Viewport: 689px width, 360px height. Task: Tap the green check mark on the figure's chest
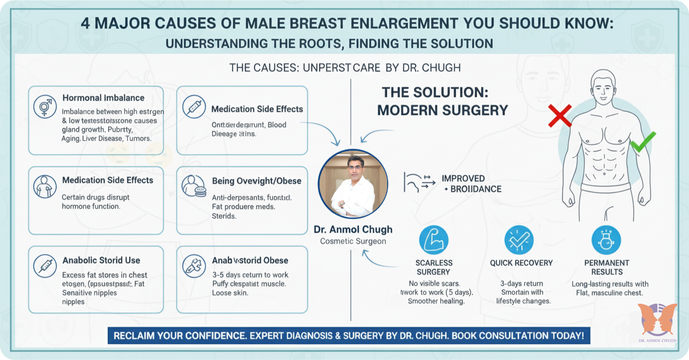(642, 142)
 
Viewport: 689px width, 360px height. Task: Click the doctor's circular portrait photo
(353, 184)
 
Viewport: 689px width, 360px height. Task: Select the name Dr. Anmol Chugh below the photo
(353, 229)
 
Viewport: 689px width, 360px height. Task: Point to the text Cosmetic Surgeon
(353, 241)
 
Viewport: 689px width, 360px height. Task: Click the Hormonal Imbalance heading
(103, 98)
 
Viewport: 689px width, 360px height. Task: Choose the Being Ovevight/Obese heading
(256, 181)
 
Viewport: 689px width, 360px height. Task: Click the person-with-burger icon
(194, 186)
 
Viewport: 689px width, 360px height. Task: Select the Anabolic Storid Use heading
(101, 260)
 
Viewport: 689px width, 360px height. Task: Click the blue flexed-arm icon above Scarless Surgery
(434, 240)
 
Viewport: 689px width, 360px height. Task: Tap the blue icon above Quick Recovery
(519, 240)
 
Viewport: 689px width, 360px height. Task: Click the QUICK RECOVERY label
(521, 263)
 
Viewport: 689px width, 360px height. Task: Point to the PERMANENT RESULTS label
(607, 267)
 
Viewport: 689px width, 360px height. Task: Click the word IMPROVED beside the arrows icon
(463, 179)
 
